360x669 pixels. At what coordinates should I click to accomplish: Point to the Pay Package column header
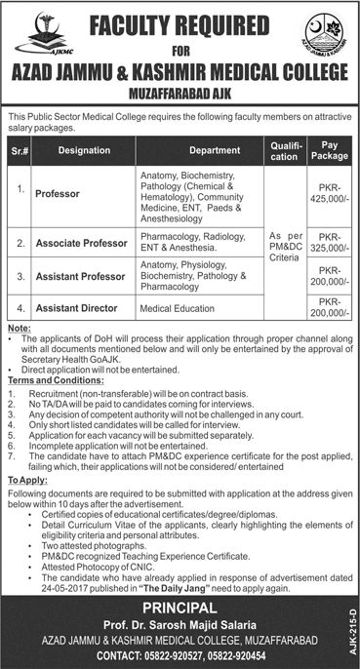click(329, 150)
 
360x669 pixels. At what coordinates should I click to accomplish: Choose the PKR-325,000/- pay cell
click(329, 239)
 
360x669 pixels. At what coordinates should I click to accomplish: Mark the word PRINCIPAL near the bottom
click(180, 606)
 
